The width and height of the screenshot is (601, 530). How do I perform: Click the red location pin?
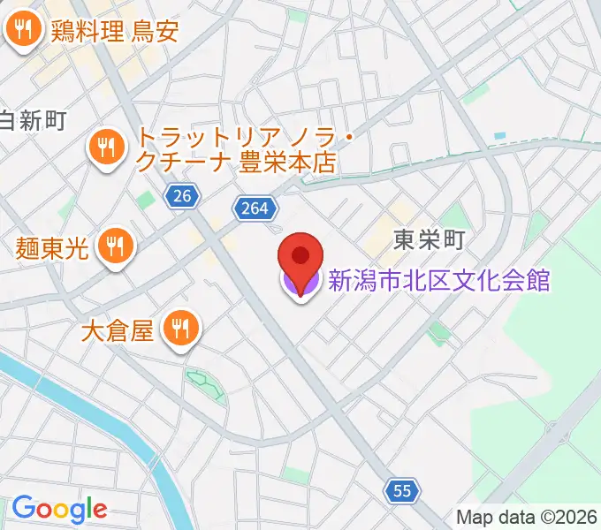(x=300, y=257)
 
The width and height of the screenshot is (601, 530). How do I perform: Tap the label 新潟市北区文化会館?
(x=439, y=282)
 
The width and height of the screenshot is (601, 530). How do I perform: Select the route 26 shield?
(x=181, y=198)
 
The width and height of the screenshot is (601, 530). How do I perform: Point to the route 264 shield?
(x=256, y=208)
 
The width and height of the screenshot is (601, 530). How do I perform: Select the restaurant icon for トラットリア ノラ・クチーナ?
(x=107, y=149)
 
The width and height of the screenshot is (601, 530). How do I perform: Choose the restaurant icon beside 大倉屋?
(x=182, y=331)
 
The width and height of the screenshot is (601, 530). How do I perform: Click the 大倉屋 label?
(x=118, y=331)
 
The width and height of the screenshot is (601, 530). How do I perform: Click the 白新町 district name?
(x=33, y=121)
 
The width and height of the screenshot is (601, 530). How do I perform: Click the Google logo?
(x=59, y=509)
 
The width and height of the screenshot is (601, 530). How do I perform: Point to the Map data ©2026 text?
(x=527, y=517)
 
